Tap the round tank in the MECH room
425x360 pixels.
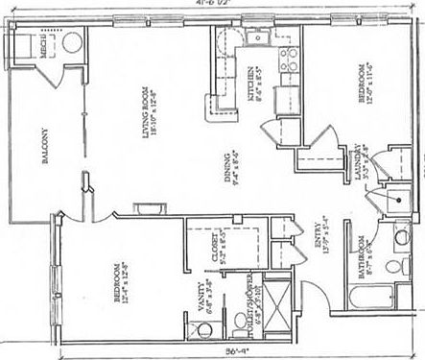[x=70, y=41]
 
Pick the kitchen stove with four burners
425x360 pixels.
[x=283, y=60]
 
